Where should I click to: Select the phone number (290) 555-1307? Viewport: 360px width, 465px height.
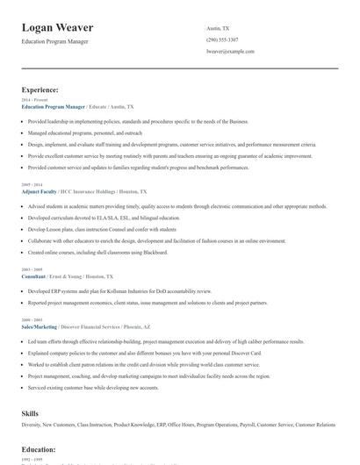pyautogui.click(x=223, y=40)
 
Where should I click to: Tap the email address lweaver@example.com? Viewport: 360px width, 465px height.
pyautogui.click(x=230, y=52)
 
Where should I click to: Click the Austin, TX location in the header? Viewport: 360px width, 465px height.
pyautogui.click(x=217, y=29)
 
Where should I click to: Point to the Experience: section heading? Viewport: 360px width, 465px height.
pyautogui.click(x=40, y=89)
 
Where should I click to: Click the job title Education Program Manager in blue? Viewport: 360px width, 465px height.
pyautogui.click(x=53, y=106)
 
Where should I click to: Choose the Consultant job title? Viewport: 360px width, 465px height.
pyautogui.click(x=35, y=275)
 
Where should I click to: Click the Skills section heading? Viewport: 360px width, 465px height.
pyautogui.click(x=30, y=411)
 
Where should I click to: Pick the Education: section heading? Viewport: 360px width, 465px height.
pyautogui.click(x=39, y=449)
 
